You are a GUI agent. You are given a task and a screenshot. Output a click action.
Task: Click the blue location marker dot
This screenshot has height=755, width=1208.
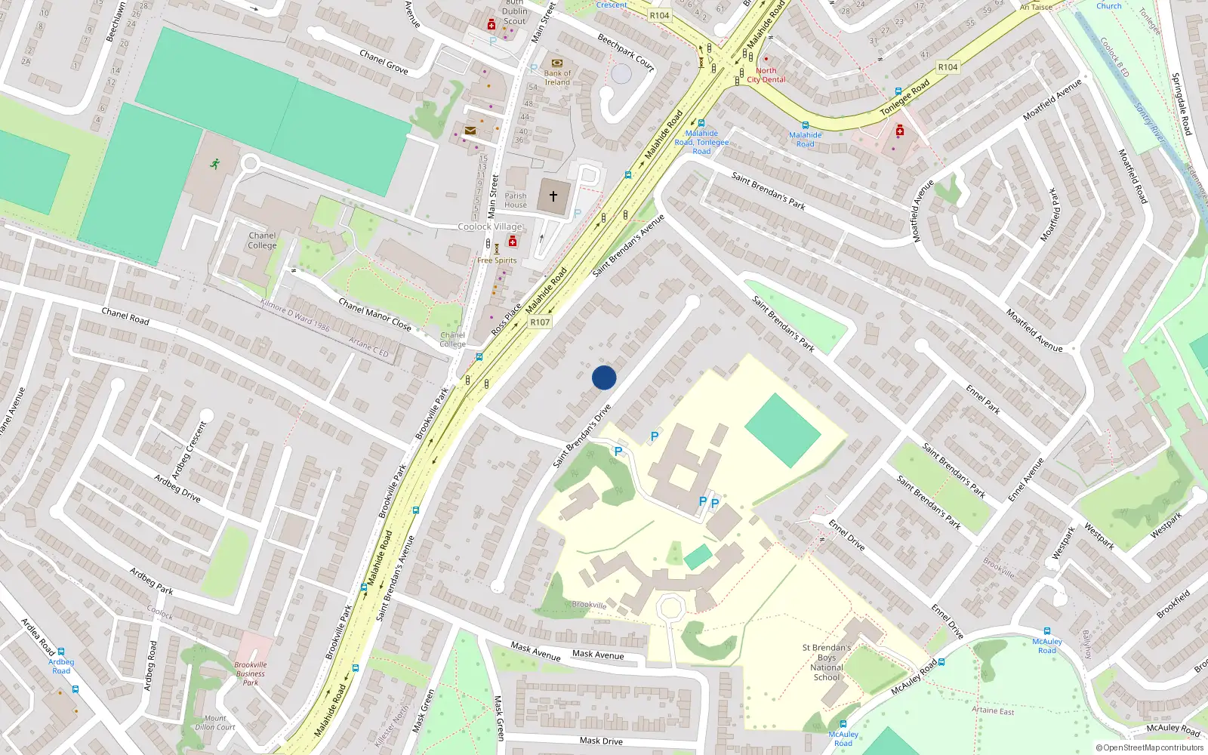click(604, 377)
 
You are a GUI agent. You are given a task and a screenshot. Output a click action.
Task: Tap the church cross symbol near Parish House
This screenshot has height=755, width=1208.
click(553, 196)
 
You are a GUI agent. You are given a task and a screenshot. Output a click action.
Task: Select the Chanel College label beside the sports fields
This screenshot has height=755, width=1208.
click(262, 240)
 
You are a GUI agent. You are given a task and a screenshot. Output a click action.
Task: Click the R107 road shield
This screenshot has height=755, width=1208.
click(540, 322)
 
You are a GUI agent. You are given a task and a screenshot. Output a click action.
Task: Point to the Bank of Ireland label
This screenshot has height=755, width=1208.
click(557, 78)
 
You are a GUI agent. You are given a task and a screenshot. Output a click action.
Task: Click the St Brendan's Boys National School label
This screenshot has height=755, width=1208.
click(827, 662)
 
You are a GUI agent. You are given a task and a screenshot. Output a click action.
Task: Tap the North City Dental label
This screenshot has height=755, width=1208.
click(766, 75)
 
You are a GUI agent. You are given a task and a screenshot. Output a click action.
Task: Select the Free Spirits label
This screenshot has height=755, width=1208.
click(497, 260)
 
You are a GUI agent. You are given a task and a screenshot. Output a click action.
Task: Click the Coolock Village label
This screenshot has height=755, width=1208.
click(490, 226)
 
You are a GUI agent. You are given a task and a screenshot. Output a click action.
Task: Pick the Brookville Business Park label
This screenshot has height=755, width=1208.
click(251, 673)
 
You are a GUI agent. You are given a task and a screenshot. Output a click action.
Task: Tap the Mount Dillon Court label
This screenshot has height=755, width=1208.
click(215, 723)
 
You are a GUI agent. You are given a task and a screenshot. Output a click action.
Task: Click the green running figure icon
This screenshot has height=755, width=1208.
click(215, 164)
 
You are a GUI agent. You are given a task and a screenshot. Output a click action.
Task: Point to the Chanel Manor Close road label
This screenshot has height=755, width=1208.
click(374, 315)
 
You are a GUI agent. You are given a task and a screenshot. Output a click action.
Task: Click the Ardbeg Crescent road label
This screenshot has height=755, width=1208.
click(189, 451)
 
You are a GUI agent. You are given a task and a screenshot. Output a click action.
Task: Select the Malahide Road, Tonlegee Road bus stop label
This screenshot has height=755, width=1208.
click(701, 142)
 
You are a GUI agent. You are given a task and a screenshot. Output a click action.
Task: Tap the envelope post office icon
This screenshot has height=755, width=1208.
click(470, 131)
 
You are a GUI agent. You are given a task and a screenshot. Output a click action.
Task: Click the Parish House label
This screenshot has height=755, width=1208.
click(516, 200)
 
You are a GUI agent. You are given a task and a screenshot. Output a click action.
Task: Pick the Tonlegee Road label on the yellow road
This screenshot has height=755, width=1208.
click(904, 98)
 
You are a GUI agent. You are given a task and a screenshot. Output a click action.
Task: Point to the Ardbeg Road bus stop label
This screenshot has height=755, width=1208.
click(61, 666)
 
